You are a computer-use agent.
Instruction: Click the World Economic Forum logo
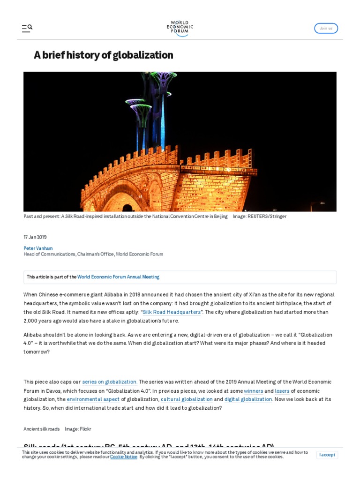click(x=180, y=28)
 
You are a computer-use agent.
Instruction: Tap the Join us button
click(x=326, y=28)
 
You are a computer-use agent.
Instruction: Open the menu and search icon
click(x=27, y=28)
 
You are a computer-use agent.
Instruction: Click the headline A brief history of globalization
click(x=103, y=55)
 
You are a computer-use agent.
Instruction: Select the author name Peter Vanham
click(x=38, y=248)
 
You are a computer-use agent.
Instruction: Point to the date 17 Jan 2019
click(x=35, y=237)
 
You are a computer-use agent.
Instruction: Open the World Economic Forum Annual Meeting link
click(x=118, y=277)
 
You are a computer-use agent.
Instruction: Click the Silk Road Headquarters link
click(x=172, y=312)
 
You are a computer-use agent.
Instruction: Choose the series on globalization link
click(x=110, y=382)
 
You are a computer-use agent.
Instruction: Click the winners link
click(x=254, y=391)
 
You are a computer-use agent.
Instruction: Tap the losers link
click(x=282, y=391)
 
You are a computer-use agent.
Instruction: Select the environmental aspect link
click(x=93, y=399)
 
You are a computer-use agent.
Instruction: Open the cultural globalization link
click(x=187, y=399)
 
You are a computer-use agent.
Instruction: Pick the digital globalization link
click(x=248, y=399)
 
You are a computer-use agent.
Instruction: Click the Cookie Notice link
click(x=124, y=457)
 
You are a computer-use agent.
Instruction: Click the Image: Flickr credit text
click(x=78, y=429)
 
